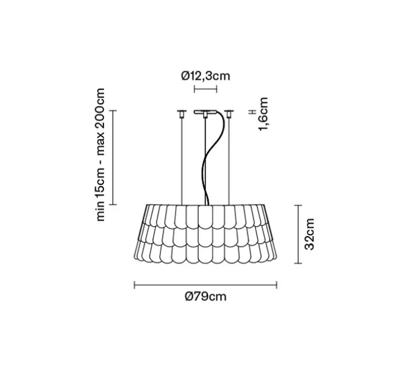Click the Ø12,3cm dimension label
click(205, 76)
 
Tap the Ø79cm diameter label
click(205, 297)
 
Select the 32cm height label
click(310, 234)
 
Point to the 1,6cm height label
click(263, 114)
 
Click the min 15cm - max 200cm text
click(101, 154)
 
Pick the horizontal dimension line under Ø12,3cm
click(205, 89)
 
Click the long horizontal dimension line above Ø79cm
click(205, 285)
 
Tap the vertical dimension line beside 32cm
click(298, 234)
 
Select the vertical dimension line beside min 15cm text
click(113, 158)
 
